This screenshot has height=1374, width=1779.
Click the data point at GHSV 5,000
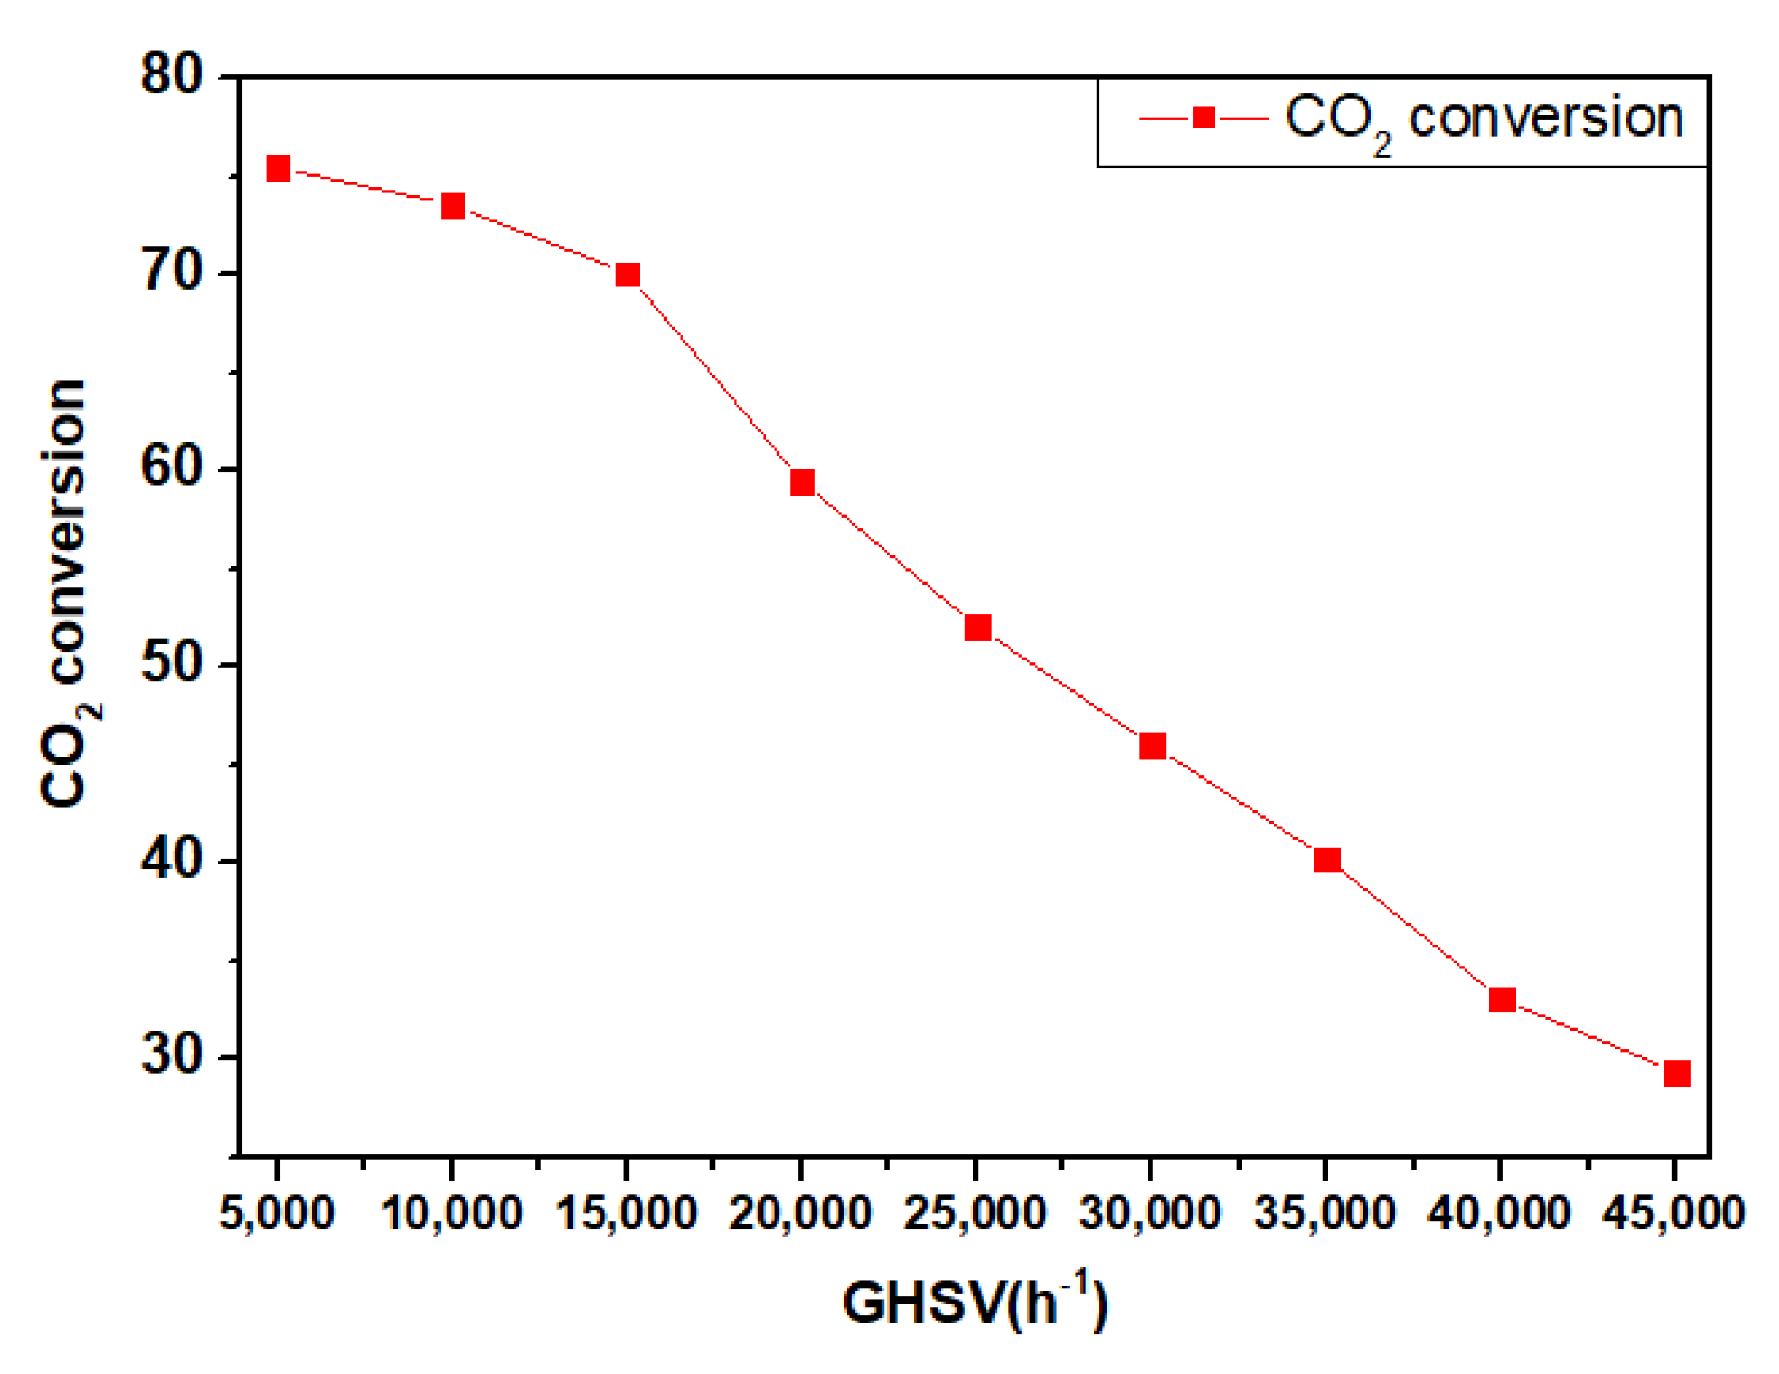point(278,169)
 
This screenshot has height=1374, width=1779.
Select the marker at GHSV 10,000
point(452,206)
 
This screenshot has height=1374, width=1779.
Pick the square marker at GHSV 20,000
point(802,483)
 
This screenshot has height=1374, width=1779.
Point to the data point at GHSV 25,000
point(978,627)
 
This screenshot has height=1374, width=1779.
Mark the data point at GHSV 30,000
point(1152,745)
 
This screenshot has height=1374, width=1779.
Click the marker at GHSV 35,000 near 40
point(1328,860)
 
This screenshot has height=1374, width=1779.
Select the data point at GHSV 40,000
point(1503,999)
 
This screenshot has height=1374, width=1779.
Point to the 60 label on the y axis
point(172,468)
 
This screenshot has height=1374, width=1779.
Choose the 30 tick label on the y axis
point(172,1055)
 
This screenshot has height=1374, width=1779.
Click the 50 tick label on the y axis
point(172,663)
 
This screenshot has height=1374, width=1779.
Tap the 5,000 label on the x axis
point(276,1212)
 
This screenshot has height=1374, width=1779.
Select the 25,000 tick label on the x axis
point(975,1212)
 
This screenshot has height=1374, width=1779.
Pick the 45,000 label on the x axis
point(1673,1212)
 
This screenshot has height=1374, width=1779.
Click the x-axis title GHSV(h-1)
point(975,1302)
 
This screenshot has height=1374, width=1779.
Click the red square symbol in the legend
point(1203,119)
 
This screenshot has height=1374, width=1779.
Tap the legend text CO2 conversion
point(1484,120)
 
